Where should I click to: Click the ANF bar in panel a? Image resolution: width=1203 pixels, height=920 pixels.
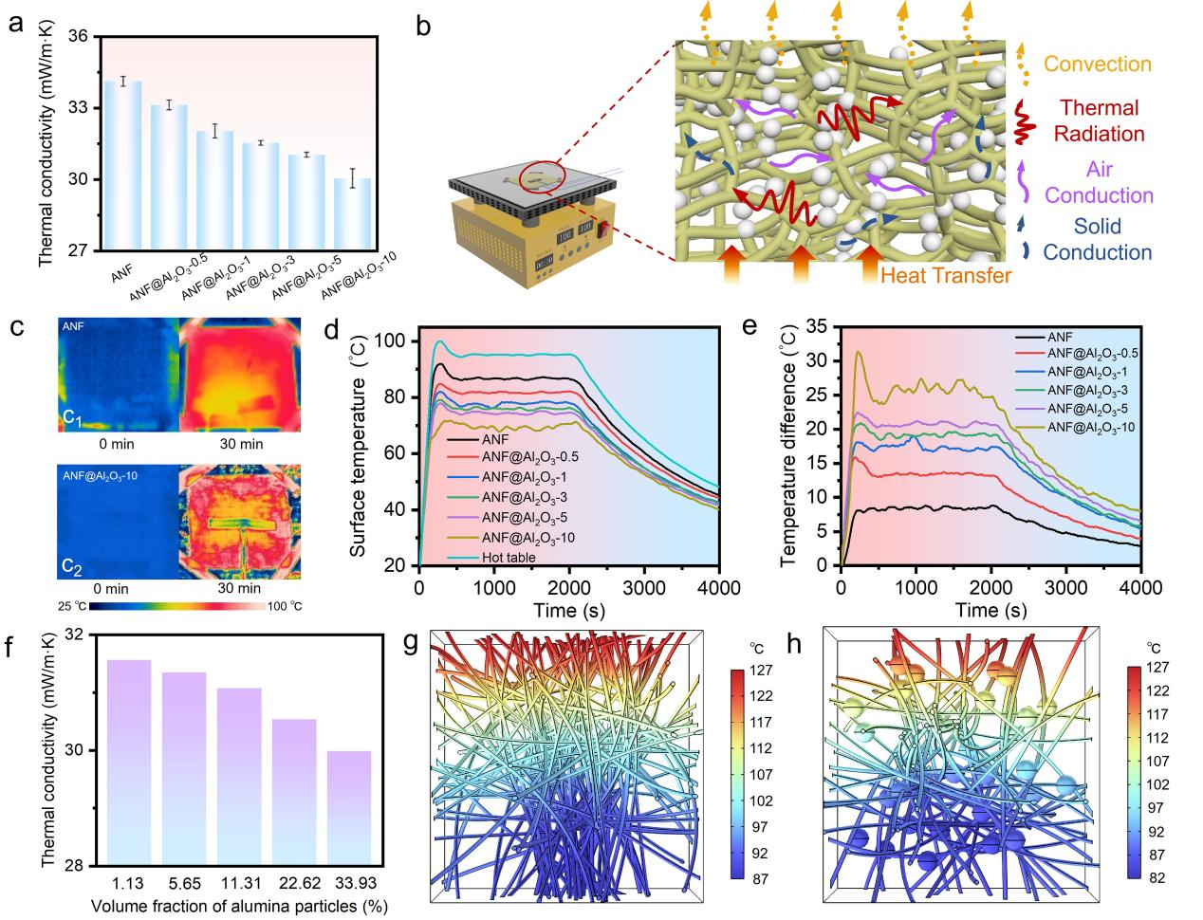[x=123, y=166]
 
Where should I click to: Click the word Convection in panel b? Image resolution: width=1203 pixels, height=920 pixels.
[x=1097, y=64]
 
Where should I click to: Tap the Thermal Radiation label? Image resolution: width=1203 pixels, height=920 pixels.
[x=1100, y=120]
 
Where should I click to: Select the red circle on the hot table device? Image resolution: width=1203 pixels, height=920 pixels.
[x=542, y=175]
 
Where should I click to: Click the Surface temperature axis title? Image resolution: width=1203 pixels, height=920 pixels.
[x=359, y=452]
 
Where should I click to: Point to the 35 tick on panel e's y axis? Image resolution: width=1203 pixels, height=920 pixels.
[x=818, y=326]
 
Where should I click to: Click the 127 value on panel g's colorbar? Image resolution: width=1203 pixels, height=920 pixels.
[x=762, y=670]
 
